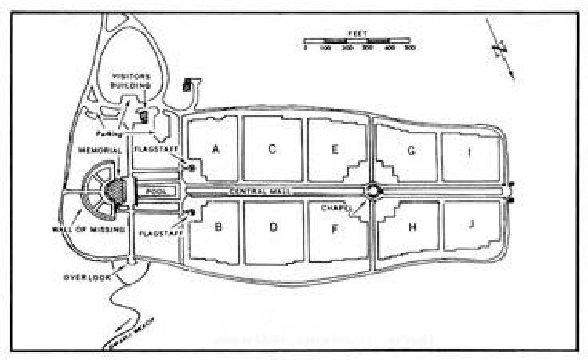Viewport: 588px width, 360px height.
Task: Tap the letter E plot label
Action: coord(335,149)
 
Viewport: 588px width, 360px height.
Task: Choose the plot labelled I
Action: coord(469,153)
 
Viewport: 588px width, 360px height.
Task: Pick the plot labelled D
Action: coord(274,228)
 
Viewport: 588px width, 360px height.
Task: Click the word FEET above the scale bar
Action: coord(358,34)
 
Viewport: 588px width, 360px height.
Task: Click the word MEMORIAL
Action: coord(99,150)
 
